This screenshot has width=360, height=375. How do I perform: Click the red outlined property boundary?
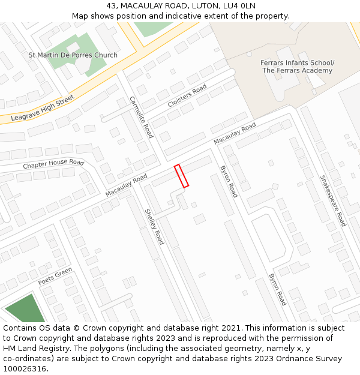[181, 176]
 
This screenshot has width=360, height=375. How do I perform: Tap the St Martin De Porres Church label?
[73, 55]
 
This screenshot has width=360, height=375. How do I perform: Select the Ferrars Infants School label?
[298, 63]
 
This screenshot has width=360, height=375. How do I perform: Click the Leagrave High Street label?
[43, 109]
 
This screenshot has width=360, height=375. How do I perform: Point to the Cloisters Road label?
[187, 96]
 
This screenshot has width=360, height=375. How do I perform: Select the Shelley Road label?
[154, 226]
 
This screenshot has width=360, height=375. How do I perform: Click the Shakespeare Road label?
[333, 200]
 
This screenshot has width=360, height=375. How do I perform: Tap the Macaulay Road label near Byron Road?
[235, 133]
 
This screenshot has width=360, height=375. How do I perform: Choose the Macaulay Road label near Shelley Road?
[126, 185]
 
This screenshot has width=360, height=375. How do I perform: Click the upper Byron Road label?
[229, 181]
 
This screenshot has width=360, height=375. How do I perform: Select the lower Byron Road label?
[278, 290]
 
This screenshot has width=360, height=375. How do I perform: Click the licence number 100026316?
[25, 368]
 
